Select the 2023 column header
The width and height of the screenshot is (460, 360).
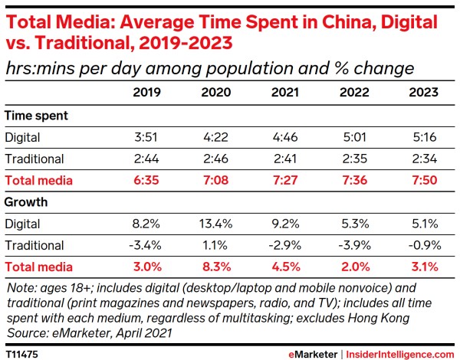(423, 93)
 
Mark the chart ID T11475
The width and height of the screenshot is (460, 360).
(24, 354)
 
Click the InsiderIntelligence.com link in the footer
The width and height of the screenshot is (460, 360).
(399, 354)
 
